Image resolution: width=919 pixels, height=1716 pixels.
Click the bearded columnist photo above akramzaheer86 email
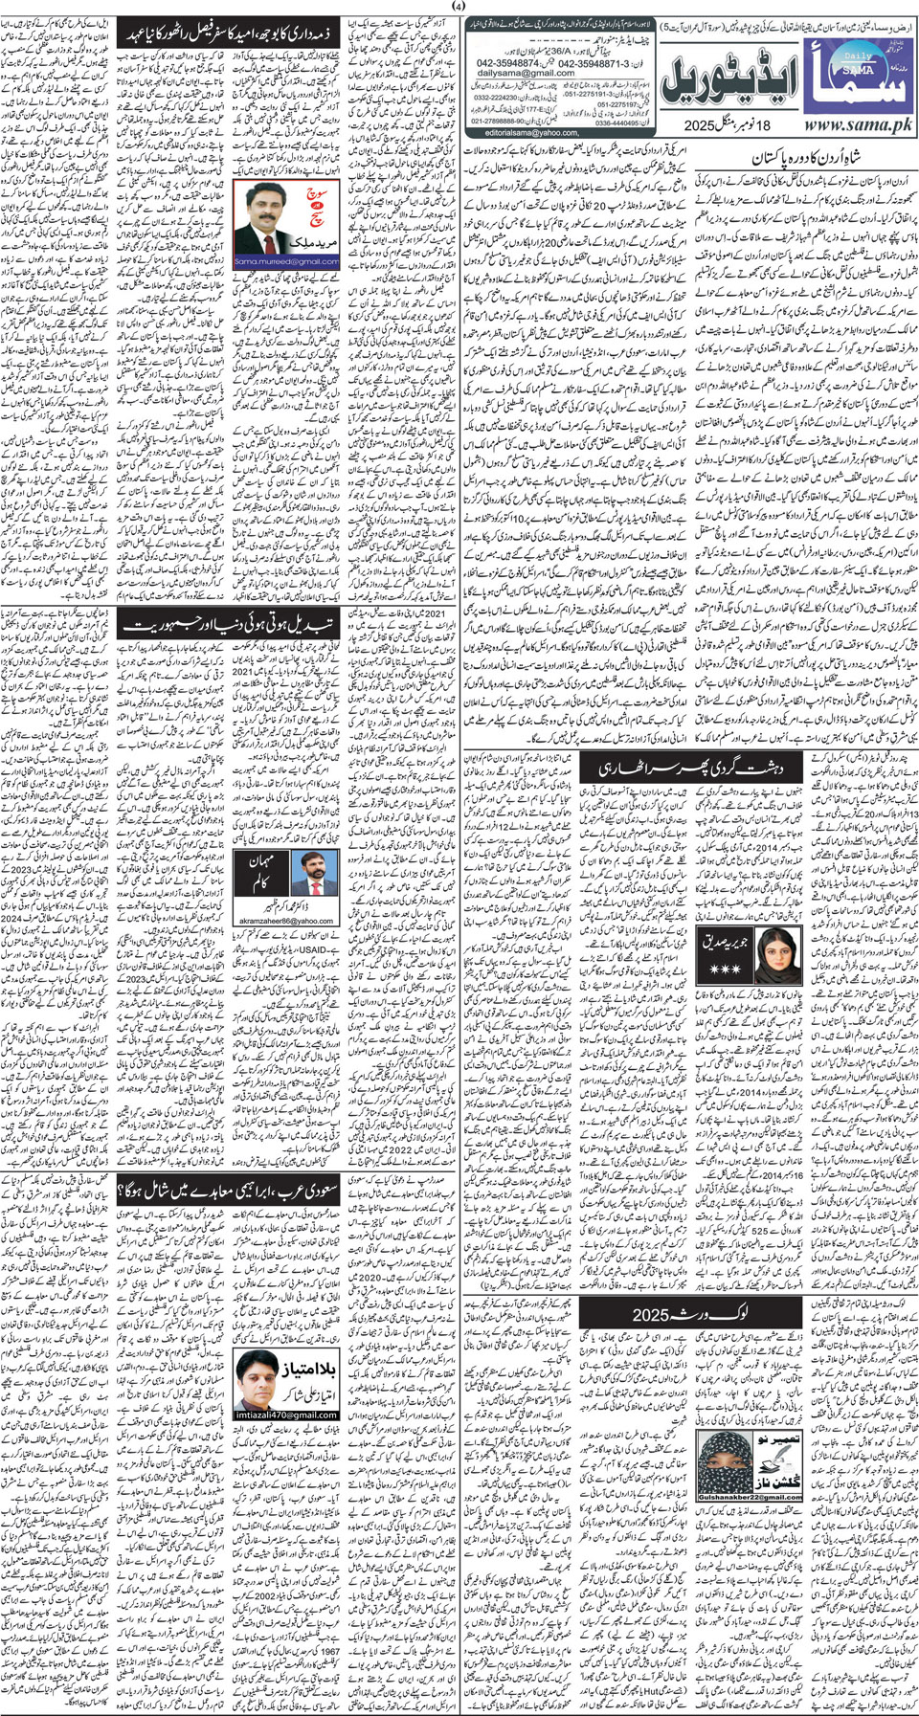click(315, 875)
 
